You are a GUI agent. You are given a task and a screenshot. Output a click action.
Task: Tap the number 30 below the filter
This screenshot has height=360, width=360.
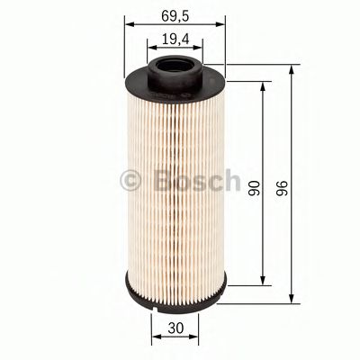175,329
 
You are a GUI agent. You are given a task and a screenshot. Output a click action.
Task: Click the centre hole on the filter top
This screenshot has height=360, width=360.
175,67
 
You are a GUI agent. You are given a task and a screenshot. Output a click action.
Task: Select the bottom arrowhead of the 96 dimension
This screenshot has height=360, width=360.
292,300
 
